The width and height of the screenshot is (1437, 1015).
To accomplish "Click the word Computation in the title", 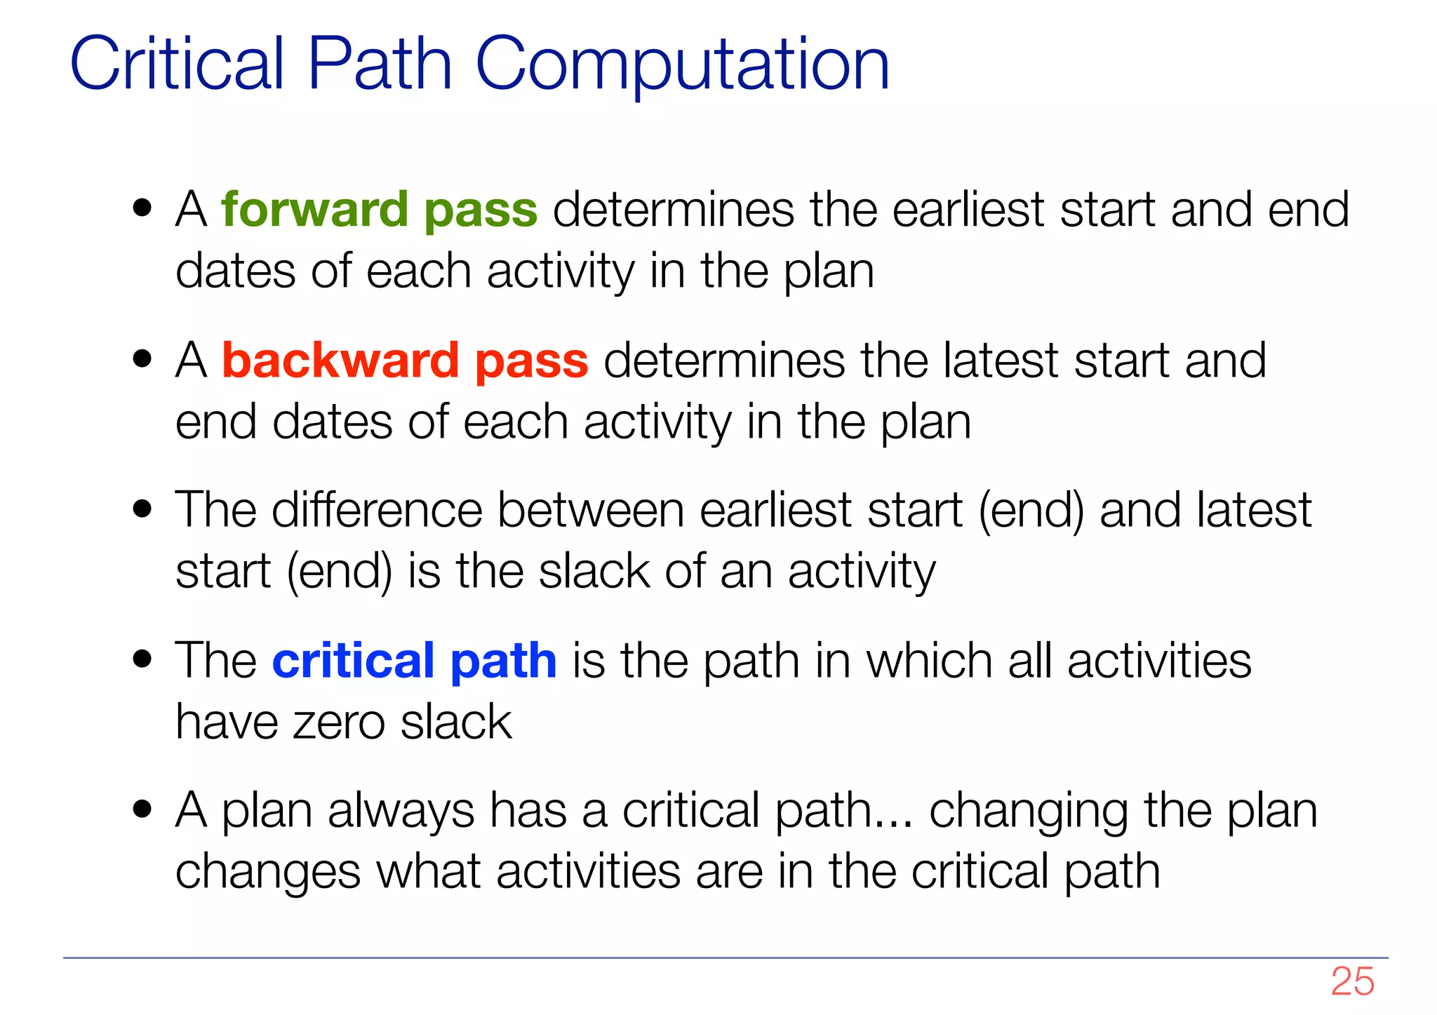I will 682,65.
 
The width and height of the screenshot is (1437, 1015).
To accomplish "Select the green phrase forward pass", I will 379,210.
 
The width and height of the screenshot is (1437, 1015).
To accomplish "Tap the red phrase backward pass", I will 405,361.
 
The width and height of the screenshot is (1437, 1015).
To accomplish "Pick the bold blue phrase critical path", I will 414,661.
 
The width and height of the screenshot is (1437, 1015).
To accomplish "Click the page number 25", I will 1352,981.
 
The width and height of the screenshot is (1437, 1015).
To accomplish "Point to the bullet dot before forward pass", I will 142,208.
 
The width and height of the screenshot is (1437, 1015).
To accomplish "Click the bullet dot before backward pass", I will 142,359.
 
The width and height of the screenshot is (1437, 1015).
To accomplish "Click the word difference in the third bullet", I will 377,510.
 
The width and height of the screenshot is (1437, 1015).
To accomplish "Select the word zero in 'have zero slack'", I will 339,722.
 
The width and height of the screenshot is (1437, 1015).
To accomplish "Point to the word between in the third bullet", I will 590,510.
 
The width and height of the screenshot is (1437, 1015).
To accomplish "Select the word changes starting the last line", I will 267,872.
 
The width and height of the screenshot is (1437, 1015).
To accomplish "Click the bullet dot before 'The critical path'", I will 142,659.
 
